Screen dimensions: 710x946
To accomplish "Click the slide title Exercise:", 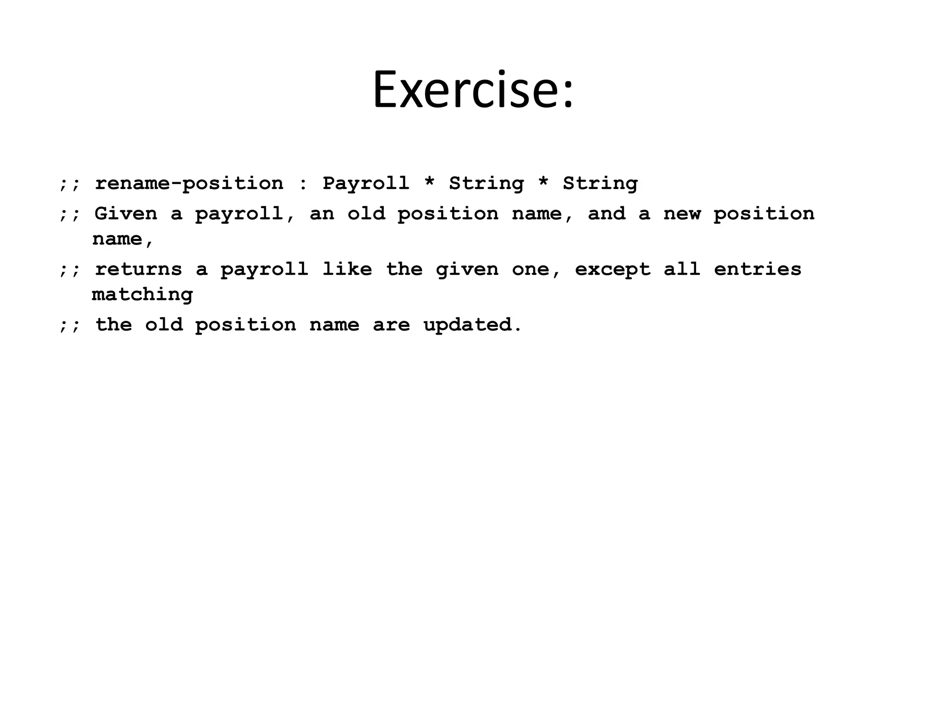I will [x=473, y=90].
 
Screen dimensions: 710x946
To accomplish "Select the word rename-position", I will [x=189, y=184].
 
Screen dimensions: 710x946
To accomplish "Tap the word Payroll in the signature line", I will [x=365, y=184].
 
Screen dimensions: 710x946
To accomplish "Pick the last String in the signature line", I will [x=600, y=184].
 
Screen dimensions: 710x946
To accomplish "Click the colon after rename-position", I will [x=303, y=184].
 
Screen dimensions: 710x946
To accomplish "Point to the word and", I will [x=606, y=214].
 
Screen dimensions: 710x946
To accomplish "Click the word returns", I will [x=139, y=269].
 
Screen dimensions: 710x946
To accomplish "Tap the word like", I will [x=346, y=269].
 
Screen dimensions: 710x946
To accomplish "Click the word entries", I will [x=758, y=269].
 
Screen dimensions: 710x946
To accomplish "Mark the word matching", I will [x=142, y=295].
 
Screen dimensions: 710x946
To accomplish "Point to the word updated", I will [x=472, y=325].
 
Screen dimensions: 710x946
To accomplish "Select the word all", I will [x=682, y=269].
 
